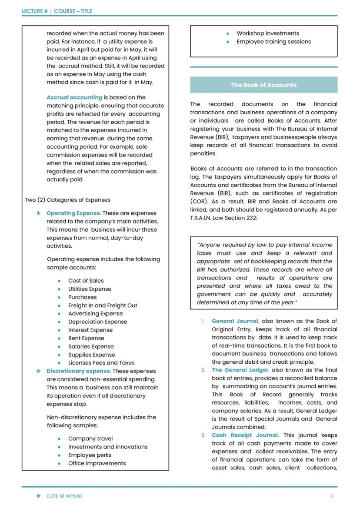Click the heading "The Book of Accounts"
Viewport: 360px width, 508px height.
(263, 85)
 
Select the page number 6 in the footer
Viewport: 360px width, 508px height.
(332, 496)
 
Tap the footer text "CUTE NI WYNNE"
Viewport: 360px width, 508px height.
(64, 496)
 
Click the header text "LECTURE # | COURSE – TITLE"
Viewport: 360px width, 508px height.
(57, 11)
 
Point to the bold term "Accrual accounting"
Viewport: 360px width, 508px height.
(74, 97)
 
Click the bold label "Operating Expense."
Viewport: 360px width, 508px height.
(73, 213)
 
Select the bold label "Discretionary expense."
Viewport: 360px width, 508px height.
(79, 371)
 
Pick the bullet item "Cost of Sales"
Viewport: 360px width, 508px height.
(86, 281)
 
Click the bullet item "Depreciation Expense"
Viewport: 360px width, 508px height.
(97, 322)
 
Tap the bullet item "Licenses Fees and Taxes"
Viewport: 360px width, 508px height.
(101, 363)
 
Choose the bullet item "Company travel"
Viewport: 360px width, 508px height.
(90, 438)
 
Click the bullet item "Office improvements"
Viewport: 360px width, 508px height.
(97, 463)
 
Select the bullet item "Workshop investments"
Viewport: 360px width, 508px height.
(267, 33)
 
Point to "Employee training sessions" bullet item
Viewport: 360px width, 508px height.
(273, 42)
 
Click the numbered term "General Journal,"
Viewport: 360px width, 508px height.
(235, 321)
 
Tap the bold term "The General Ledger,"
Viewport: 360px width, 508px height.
(240, 370)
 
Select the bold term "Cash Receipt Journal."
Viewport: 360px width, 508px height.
(245, 435)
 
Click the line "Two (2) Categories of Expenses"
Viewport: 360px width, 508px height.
(67, 200)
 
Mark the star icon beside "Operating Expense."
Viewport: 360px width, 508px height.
(39, 213)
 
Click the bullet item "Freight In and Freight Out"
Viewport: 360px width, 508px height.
(102, 305)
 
